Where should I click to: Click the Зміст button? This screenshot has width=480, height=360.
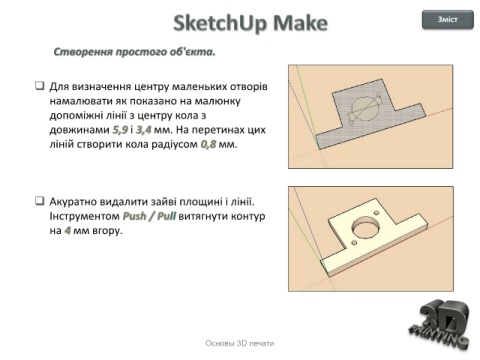pos(448,19)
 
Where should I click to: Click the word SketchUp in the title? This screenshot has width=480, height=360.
pos(220,23)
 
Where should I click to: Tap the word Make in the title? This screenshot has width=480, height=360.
pos(300,23)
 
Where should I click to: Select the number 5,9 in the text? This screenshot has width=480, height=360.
pos(120,130)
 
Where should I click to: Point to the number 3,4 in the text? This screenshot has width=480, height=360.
pos(143,130)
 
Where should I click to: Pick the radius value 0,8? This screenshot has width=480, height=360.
pos(208,144)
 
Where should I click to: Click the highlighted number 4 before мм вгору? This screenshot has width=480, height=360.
pos(68,230)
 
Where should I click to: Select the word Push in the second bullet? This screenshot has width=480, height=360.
pos(135,216)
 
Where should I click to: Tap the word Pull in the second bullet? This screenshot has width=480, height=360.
pos(166,216)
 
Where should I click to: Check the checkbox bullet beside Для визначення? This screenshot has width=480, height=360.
pos(40,86)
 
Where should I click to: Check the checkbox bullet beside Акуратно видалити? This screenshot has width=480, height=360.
pos(40,201)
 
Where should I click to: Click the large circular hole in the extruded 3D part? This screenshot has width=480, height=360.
pos(366,228)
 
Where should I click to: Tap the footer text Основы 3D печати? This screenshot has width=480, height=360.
pos(240,343)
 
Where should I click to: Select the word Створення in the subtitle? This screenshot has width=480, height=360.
pos(83,52)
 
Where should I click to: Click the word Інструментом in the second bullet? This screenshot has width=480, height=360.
pos(85,216)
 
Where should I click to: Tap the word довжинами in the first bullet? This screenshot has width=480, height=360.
pos(79,130)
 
